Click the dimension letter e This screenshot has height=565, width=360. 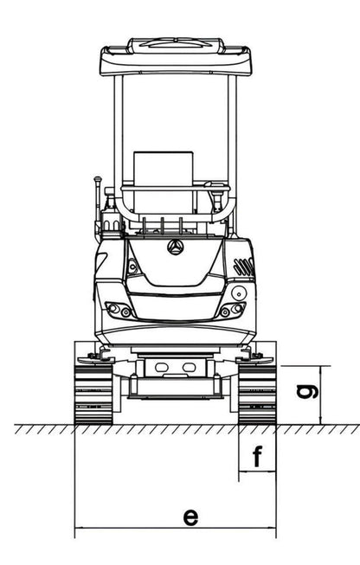190,517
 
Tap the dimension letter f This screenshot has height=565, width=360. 257,456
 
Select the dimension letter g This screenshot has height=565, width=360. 307,391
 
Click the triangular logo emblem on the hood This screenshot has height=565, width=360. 176,247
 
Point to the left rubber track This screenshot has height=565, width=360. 93,395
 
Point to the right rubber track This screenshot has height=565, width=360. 257,395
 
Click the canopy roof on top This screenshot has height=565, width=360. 176,57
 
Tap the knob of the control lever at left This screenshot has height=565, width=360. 98,179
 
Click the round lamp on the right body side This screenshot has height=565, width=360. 239,292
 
